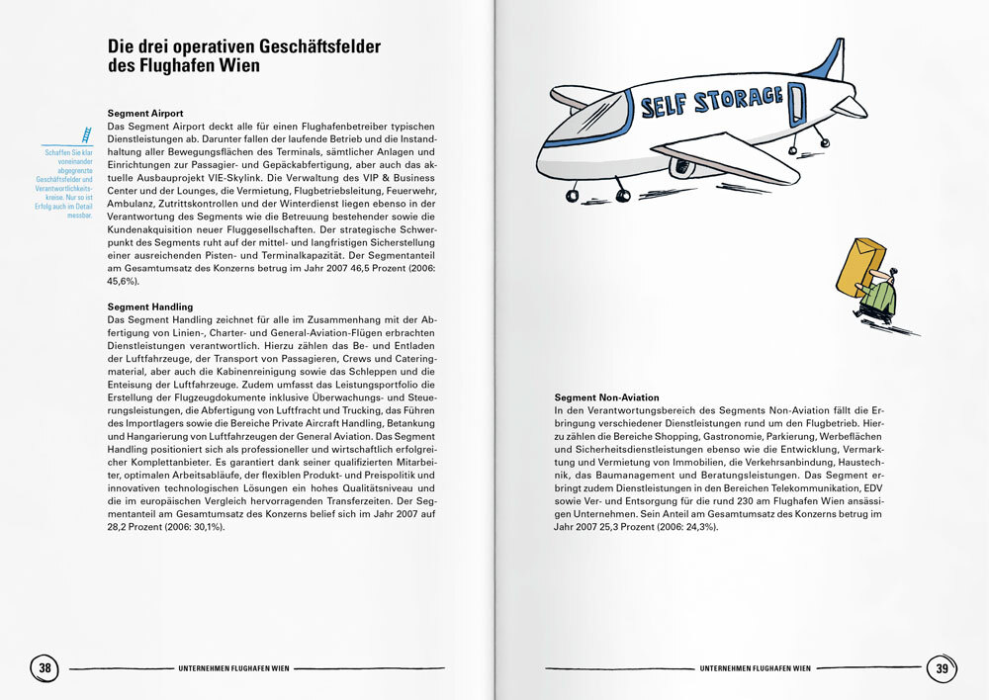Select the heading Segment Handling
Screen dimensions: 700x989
click(x=149, y=307)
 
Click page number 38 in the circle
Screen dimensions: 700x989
click(x=45, y=668)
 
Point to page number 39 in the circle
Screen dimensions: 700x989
click(x=941, y=668)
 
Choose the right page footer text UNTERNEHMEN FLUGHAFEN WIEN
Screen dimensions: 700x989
click(x=755, y=668)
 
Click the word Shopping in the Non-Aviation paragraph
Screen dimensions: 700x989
click(x=680, y=435)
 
